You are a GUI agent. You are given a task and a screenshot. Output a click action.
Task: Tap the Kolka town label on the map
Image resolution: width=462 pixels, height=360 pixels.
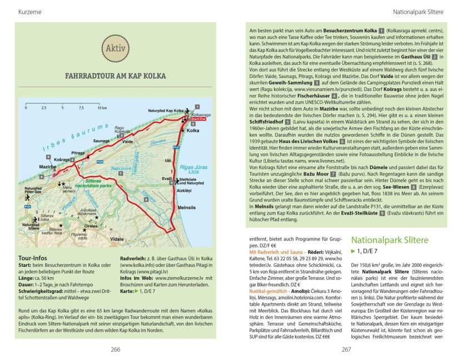193,131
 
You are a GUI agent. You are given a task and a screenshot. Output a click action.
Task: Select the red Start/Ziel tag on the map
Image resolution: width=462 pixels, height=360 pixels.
198,119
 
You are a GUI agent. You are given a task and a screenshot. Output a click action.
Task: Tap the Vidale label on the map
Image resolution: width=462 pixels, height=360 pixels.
117,238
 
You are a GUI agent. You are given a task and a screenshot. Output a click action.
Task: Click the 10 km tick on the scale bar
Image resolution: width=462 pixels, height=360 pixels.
101,108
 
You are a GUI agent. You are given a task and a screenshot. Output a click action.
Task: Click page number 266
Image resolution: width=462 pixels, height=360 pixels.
115,349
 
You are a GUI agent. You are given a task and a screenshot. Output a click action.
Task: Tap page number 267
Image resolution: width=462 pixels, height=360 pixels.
346,349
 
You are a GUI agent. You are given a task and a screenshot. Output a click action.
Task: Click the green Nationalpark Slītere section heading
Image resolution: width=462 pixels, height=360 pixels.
390,241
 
